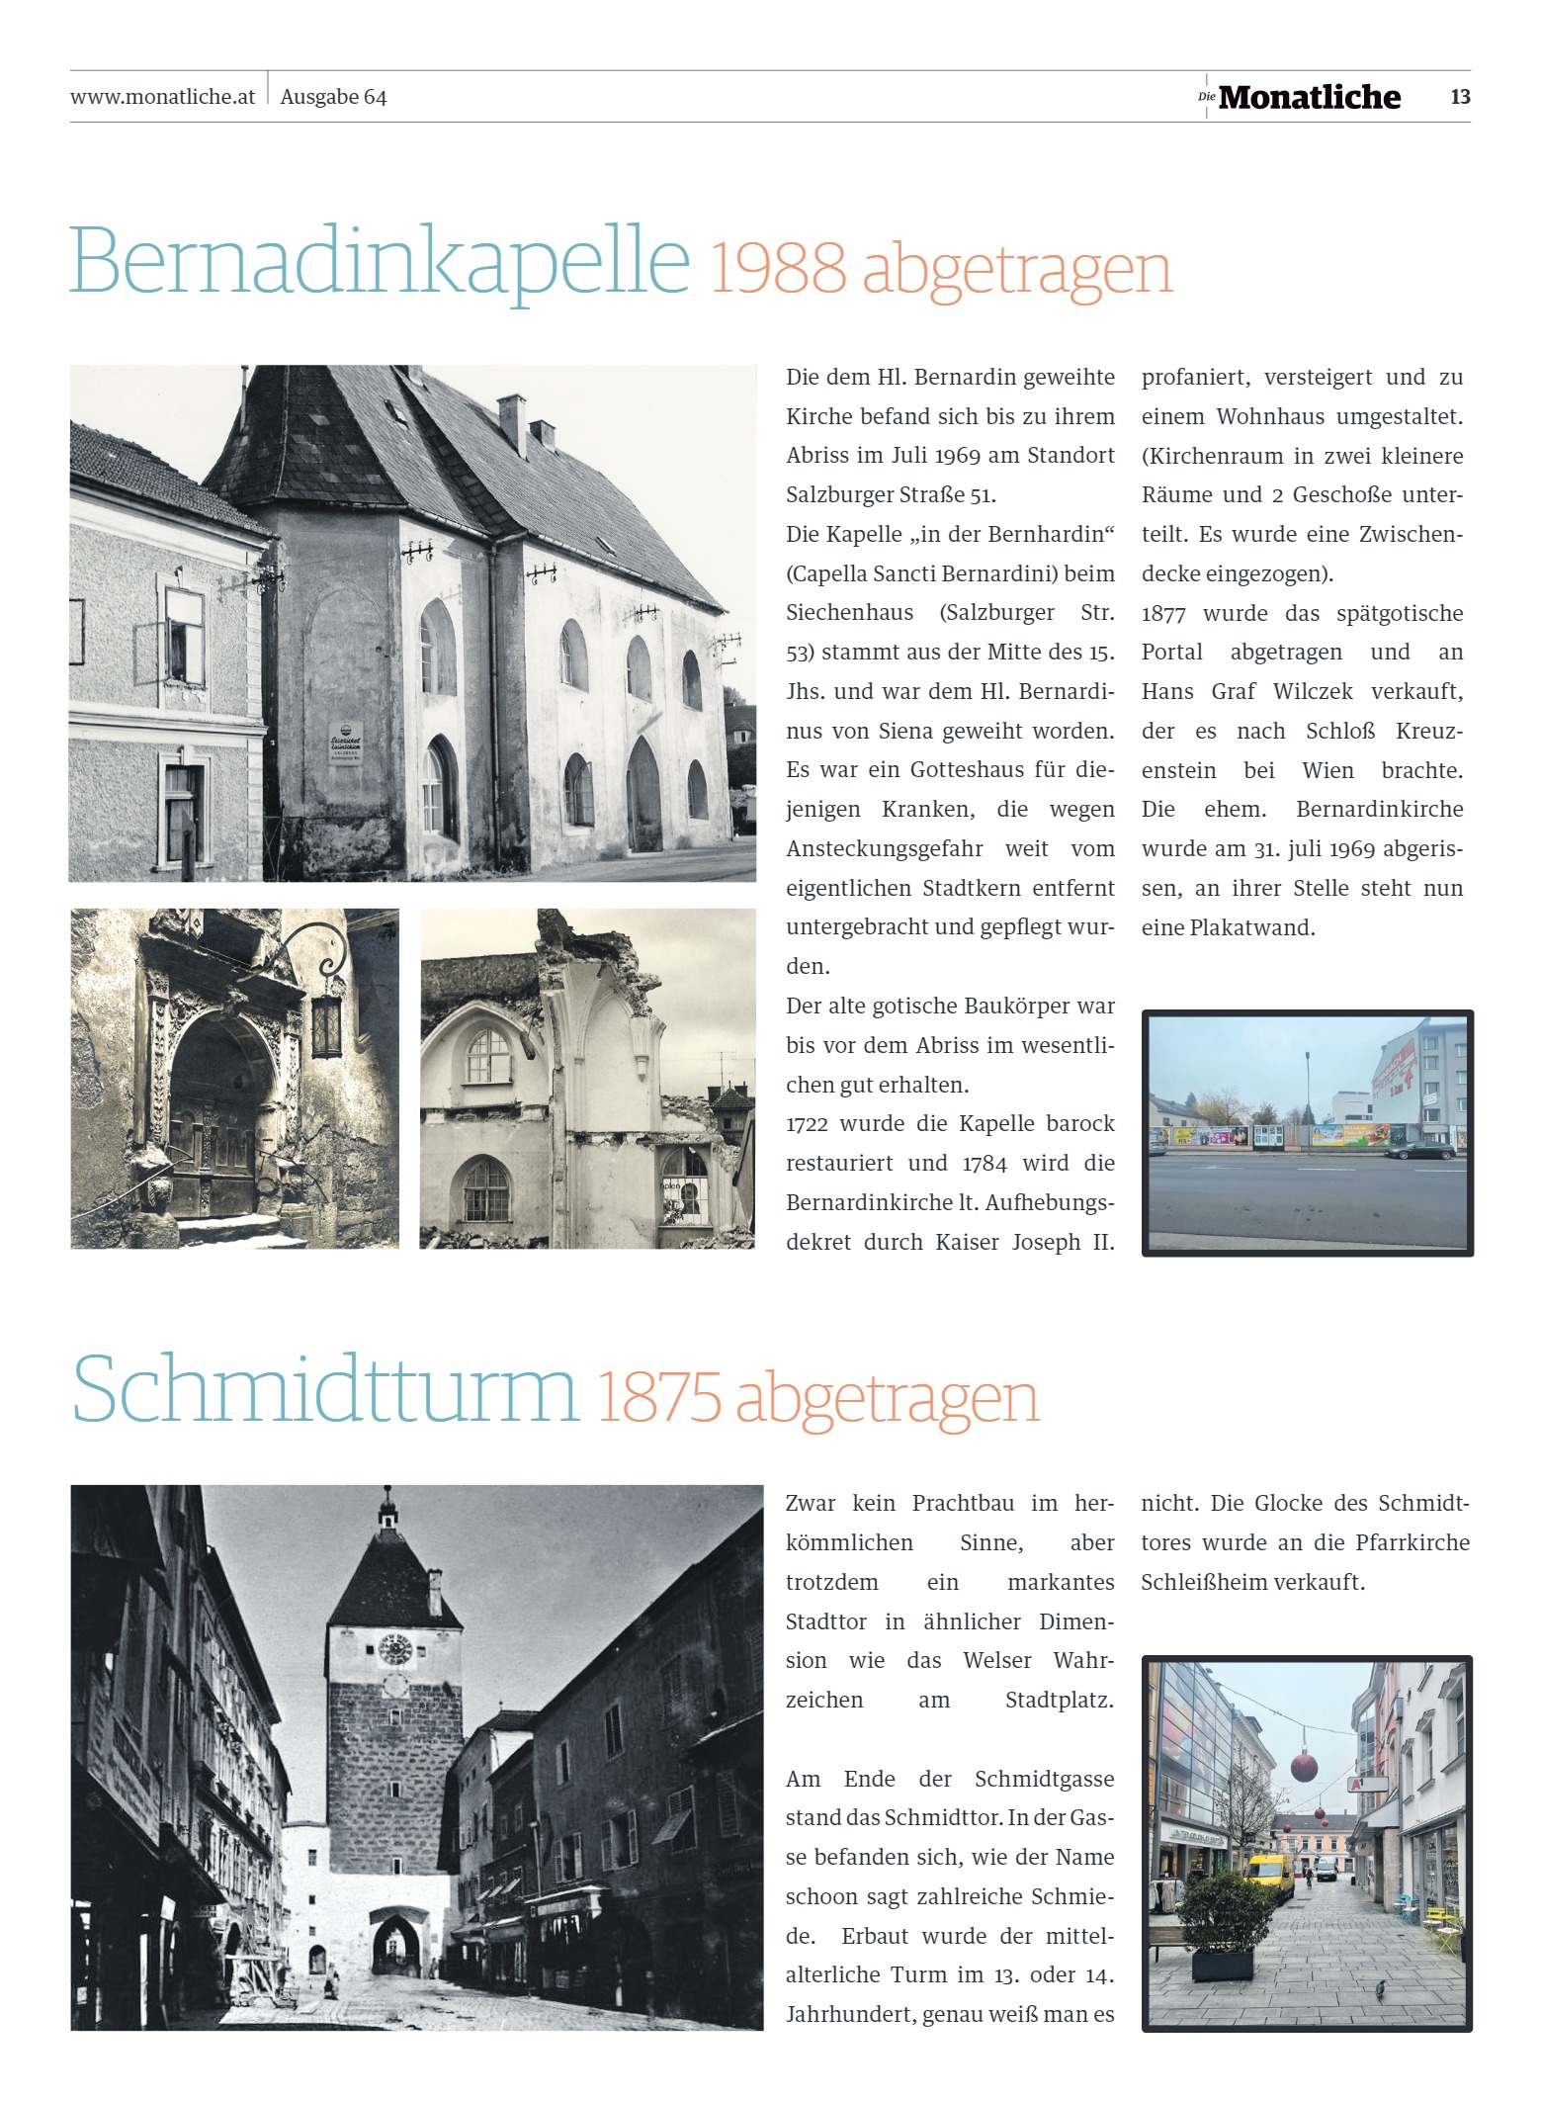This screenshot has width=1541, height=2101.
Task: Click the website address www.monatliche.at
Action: (162, 97)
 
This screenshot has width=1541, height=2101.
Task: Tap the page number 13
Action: (1460, 97)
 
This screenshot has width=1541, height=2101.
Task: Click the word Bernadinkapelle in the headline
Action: (380, 261)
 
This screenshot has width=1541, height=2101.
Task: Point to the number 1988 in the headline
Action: (778, 268)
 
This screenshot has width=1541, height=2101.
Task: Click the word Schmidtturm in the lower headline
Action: (325, 1389)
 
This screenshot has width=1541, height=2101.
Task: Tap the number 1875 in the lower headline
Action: (659, 1397)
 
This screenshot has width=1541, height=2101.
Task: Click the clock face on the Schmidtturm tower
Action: (394, 1648)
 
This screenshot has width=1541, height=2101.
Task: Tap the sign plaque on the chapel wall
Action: (346, 741)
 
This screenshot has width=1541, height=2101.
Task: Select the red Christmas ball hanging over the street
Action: (1304, 1764)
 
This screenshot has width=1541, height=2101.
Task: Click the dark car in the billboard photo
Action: (1420, 1151)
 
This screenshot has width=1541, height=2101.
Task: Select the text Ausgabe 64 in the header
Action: (333, 97)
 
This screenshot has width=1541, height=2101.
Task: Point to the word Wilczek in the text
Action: (1314, 691)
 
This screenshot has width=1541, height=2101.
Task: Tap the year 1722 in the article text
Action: (807, 1124)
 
